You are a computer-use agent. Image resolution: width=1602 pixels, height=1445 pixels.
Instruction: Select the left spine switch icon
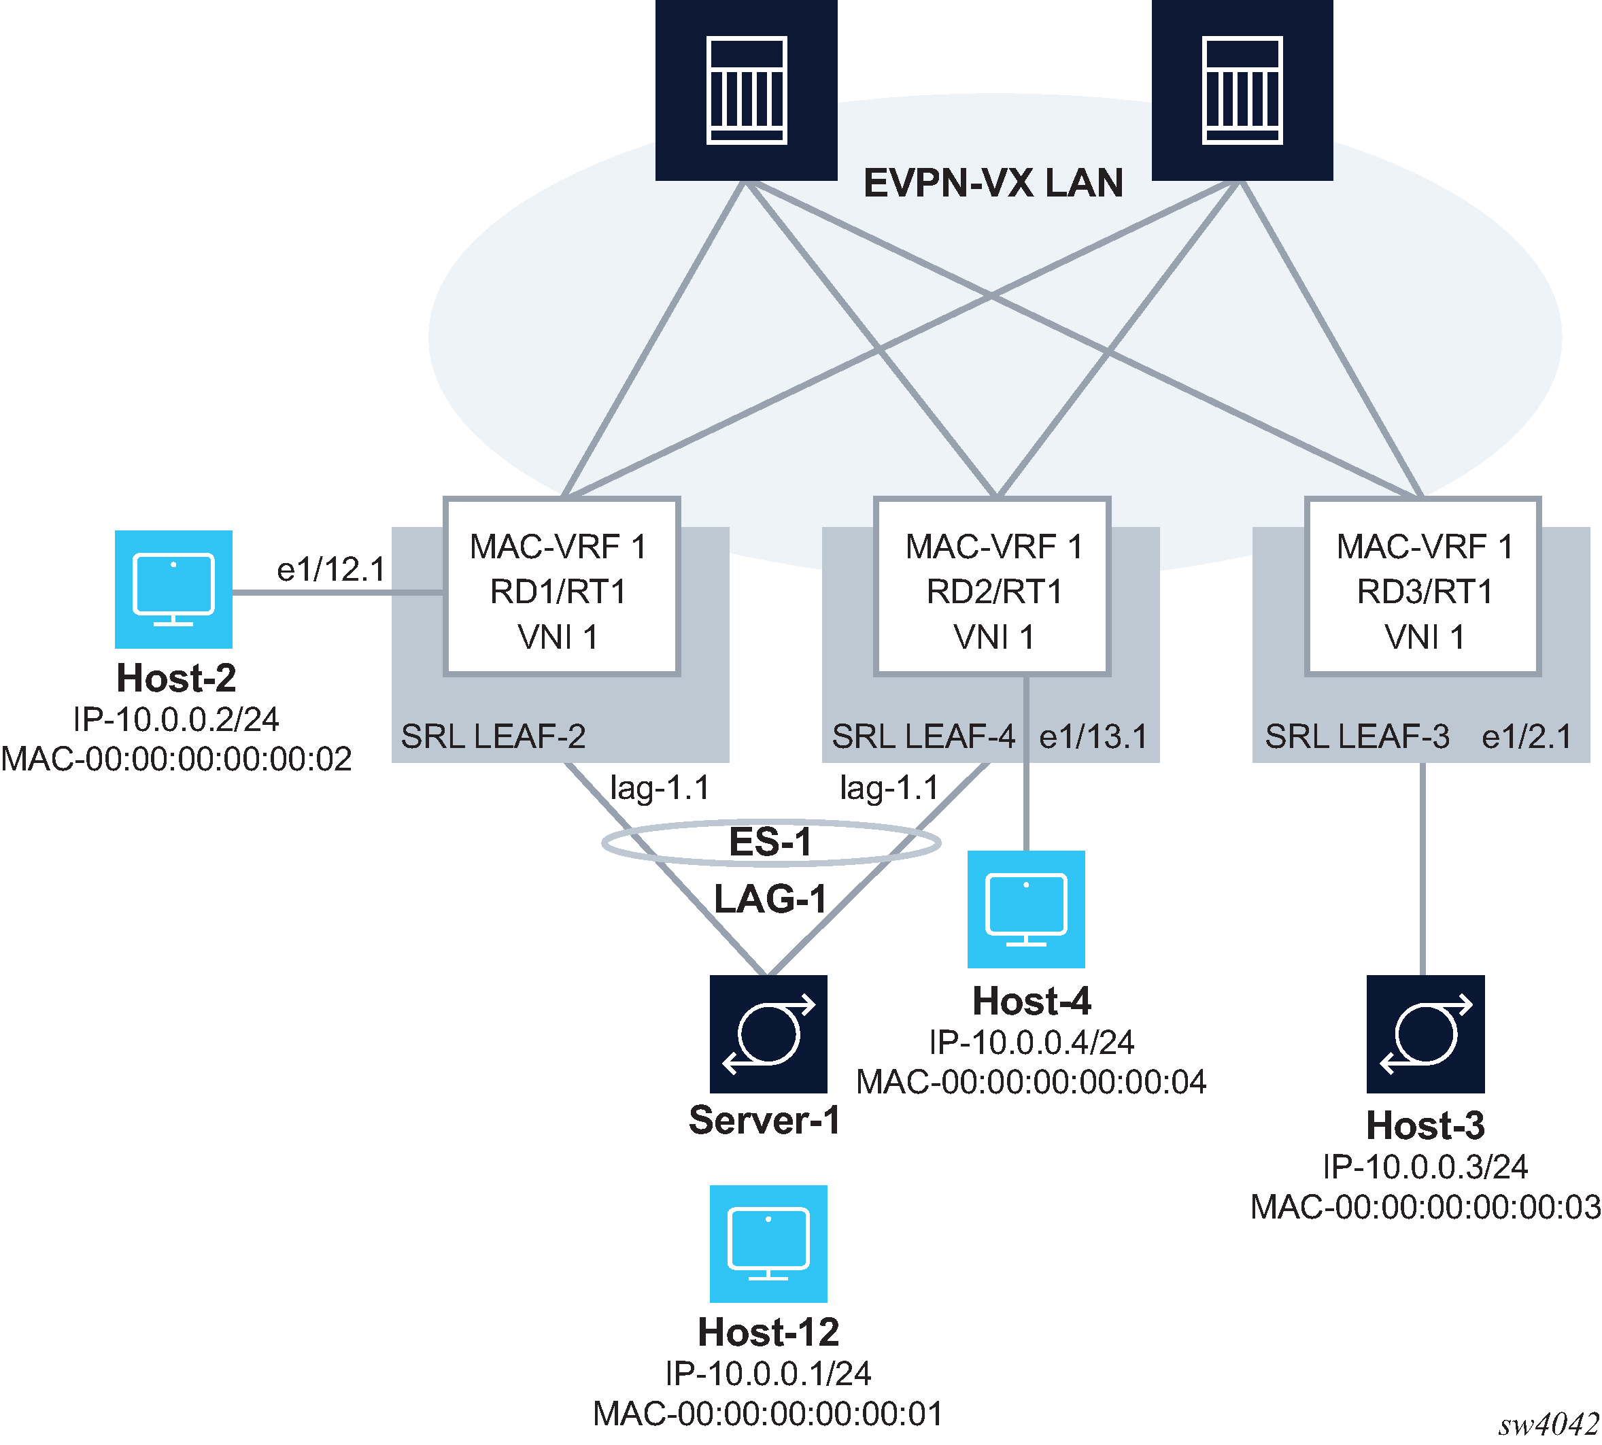(x=745, y=90)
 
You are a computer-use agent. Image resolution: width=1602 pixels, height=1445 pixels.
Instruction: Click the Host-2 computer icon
(x=173, y=589)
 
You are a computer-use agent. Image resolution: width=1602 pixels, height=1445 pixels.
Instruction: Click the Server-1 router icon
(x=768, y=1033)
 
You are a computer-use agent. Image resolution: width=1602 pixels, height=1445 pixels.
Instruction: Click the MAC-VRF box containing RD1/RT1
(x=560, y=587)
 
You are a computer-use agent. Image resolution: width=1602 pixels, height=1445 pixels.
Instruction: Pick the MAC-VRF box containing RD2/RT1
(x=991, y=587)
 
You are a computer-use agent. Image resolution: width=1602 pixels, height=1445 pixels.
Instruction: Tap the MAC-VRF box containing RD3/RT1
(x=1422, y=587)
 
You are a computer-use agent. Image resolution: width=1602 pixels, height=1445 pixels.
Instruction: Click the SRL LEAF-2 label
(x=493, y=737)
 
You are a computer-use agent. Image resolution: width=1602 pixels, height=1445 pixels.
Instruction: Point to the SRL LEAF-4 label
(x=923, y=737)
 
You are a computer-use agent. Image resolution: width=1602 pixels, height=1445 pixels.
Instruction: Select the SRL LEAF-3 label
(x=1356, y=737)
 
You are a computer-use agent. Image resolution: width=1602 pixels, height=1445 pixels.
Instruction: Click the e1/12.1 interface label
(x=330, y=569)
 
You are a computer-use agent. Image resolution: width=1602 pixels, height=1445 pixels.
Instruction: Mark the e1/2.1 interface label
(x=1526, y=737)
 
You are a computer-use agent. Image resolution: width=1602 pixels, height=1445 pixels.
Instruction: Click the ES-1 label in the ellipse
(x=770, y=842)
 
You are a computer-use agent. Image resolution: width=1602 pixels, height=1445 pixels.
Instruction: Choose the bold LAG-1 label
(x=770, y=899)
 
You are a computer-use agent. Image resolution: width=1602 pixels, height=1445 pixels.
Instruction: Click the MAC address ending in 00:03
(x=1425, y=1207)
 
